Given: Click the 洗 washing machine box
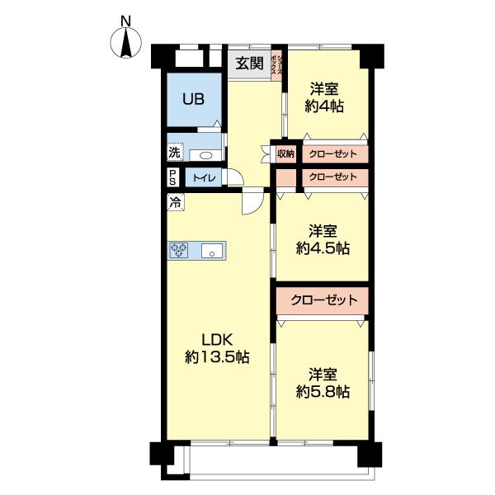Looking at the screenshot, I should coord(174,153).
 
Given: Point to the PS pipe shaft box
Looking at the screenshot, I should coord(173,177).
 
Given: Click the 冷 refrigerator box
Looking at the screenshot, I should coord(175,201).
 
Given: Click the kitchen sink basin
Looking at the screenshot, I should coord(213,252).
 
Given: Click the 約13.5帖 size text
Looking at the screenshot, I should coord(218,357).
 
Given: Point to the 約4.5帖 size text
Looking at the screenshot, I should coord(323,247).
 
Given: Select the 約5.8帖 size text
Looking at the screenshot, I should coord(323,392).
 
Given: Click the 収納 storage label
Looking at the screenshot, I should coord(285,153).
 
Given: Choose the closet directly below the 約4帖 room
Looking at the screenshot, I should coord(332,153).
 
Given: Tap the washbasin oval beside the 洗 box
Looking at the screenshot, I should coord(205,154).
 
